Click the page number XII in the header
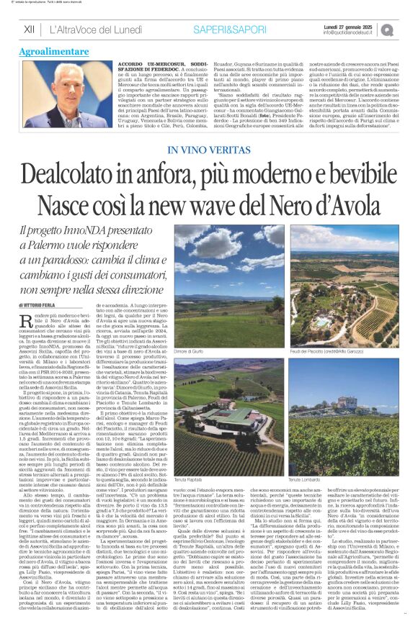(29, 29)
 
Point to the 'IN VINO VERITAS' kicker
(208, 149)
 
